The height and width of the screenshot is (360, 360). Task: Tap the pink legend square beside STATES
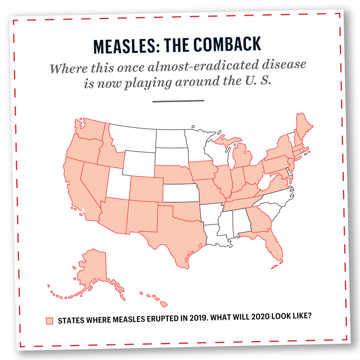pos(50,321)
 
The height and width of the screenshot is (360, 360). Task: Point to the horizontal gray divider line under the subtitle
pos(178,101)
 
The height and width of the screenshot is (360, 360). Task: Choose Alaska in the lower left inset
pos(91,271)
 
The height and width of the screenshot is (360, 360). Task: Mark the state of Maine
pos(302,127)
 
